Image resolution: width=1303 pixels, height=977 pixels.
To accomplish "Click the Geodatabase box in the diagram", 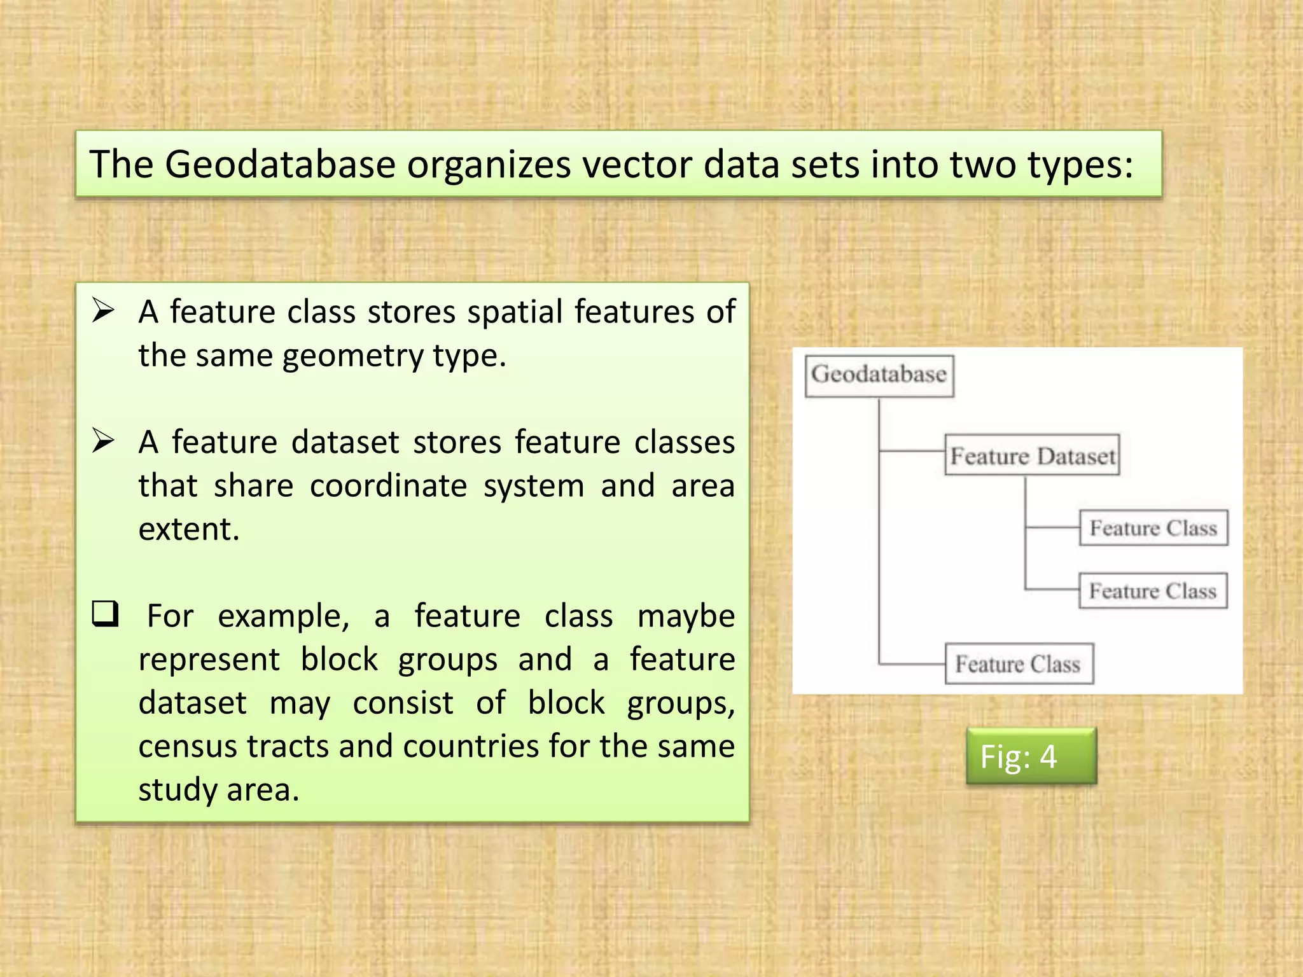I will pyautogui.click(x=879, y=375).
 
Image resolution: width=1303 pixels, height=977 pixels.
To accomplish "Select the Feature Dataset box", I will pyautogui.click(x=1032, y=455).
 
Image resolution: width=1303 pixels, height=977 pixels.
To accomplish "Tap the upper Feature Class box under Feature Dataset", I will pyautogui.click(x=1153, y=528).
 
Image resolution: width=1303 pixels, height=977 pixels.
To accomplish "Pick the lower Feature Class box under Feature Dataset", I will pyautogui.click(x=1152, y=591).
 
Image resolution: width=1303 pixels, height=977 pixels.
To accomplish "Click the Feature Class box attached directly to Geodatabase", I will pyautogui.click(x=1019, y=664).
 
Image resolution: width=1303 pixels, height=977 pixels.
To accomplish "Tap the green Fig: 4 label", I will pyautogui.click(x=1031, y=756).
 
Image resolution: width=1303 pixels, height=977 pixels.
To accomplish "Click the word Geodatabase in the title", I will pyautogui.click(x=280, y=165).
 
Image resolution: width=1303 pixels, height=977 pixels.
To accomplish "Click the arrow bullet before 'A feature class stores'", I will pyautogui.click(x=103, y=310).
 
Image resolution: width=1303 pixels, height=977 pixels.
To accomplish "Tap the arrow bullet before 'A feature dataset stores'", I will pyautogui.click(x=103, y=440).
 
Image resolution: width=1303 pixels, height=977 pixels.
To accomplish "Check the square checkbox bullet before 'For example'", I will pyautogui.click(x=105, y=614).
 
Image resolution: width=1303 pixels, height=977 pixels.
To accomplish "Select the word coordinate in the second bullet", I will pyautogui.click(x=388, y=486).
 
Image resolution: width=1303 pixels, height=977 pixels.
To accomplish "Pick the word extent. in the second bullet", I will pyautogui.click(x=189, y=529).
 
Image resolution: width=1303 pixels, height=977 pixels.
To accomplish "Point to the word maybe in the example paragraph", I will pyautogui.click(x=686, y=616).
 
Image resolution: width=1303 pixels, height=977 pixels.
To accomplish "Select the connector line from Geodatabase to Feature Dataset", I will pyautogui.click(x=911, y=451).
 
